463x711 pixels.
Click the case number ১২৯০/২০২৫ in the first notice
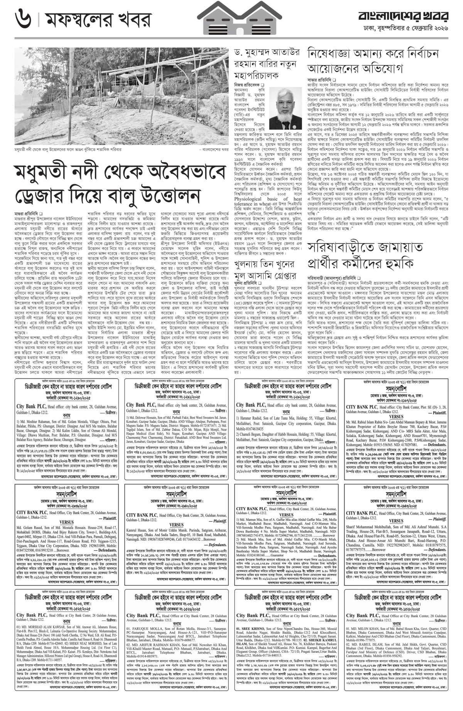click(77, 397)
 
